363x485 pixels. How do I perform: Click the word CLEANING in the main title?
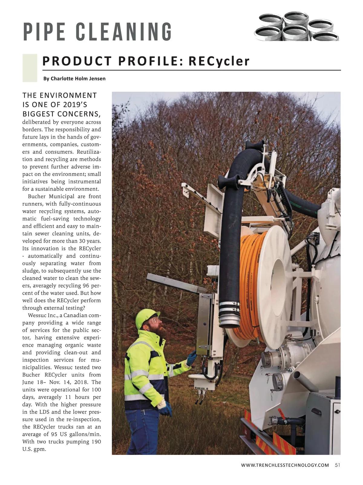(124, 31)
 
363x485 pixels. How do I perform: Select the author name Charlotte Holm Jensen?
(78, 79)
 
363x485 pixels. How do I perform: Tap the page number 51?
(338, 465)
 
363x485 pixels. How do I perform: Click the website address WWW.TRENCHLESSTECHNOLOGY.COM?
(285, 465)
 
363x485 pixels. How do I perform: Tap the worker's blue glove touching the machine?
(191, 358)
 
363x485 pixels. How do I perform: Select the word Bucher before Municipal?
(37, 197)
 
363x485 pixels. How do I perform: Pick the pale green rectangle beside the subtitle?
(30, 68)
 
